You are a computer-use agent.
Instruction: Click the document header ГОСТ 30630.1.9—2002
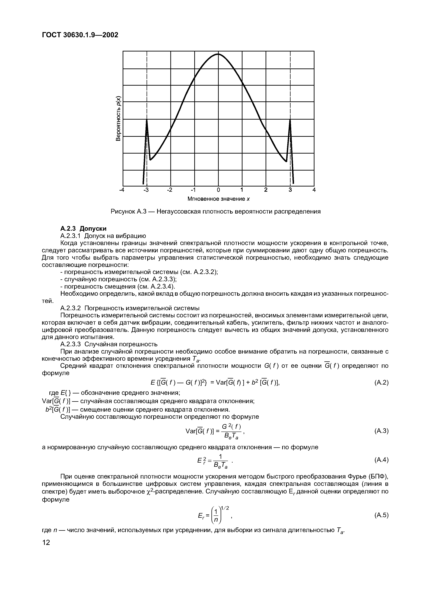[x=80, y=35]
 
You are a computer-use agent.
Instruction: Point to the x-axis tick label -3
[x=146, y=190]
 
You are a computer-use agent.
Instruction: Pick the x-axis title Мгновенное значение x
[x=219, y=199]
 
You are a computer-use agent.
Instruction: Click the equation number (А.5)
[x=381, y=515]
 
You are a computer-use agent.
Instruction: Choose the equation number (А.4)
[x=381, y=460]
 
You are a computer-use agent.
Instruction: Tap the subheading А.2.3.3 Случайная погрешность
[x=109, y=344]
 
